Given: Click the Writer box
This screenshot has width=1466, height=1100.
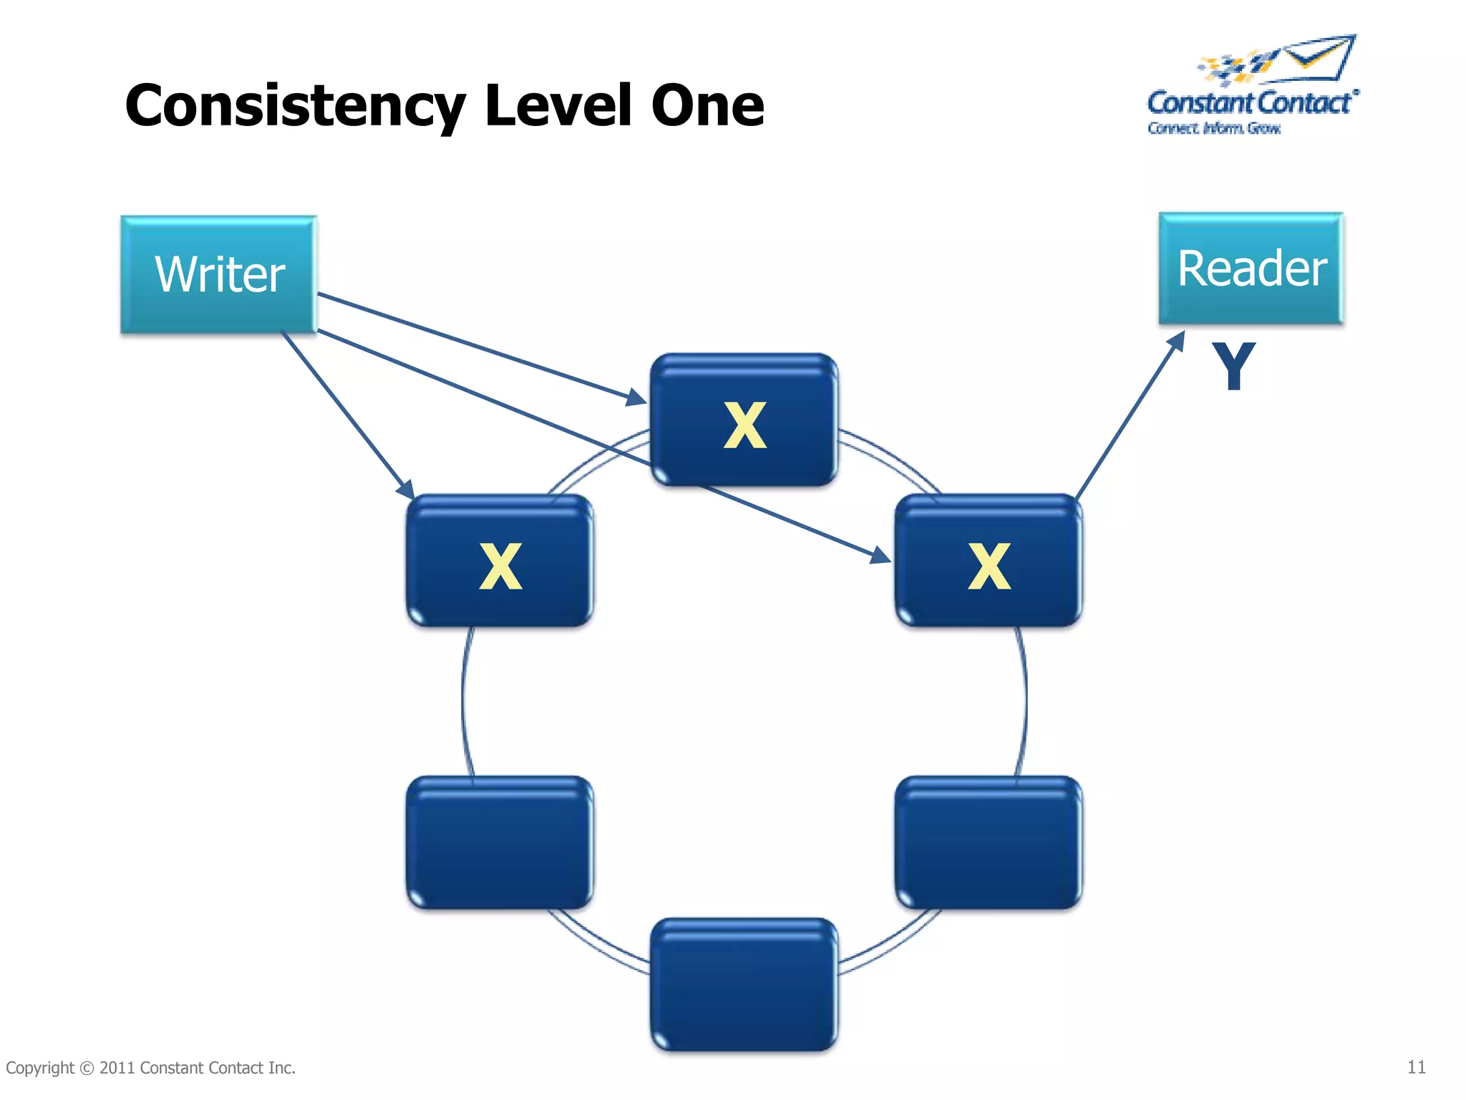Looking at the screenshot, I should coord(219,274).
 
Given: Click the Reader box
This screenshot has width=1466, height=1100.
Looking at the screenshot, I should coord(1251,269).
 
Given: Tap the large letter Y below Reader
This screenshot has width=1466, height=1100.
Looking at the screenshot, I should coord(1233,367).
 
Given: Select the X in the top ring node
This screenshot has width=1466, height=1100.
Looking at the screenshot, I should coord(744,425).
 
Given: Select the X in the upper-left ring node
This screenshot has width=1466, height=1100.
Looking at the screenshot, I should coord(500,566).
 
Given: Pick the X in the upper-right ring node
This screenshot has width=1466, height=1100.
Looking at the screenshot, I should coord(989,566).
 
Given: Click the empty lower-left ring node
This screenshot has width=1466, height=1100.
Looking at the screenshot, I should coord(500,843).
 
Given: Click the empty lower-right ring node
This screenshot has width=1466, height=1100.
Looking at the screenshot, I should coord(989,843).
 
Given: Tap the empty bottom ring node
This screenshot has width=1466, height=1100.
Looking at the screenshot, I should coord(744,985).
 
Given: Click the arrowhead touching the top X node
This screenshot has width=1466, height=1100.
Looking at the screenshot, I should coord(636,397).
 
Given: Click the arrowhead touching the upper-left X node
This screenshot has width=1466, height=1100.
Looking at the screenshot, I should coord(406,490).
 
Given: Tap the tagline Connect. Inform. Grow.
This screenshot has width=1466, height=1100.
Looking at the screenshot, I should coord(1214,128).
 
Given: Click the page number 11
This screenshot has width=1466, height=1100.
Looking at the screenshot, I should coord(1416,1067).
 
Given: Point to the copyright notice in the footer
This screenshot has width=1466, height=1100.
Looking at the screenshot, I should coord(151,1068).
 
